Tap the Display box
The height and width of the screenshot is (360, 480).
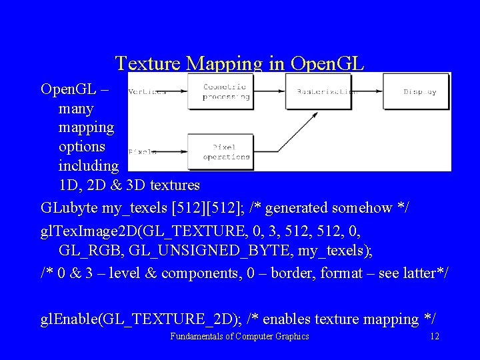(x=419, y=91)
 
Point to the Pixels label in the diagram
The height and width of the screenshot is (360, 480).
(x=142, y=152)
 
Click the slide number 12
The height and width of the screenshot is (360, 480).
(x=434, y=337)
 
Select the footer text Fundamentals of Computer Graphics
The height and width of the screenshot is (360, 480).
(x=239, y=337)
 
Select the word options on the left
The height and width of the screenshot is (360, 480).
(x=82, y=145)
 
